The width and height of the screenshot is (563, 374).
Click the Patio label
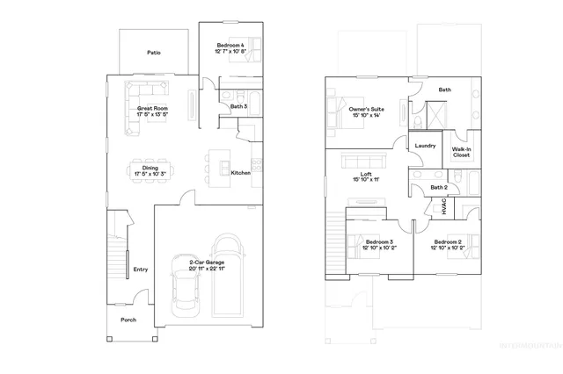153,53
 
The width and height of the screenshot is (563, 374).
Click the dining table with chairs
150,168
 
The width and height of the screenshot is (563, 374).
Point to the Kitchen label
240,173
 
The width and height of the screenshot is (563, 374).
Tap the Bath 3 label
238,106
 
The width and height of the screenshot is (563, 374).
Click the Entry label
140,270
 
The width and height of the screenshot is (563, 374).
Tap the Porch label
128,320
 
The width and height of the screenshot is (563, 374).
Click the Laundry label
426,145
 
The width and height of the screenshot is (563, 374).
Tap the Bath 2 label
439,187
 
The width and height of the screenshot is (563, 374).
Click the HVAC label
444,208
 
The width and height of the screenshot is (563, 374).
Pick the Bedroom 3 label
378,244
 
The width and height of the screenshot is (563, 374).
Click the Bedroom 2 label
446,244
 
